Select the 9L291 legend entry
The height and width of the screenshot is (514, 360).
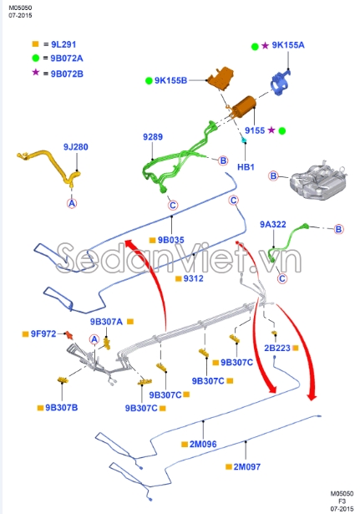(x=63, y=43)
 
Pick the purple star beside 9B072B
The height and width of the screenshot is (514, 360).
(x=35, y=73)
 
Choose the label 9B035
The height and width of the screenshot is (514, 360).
(x=172, y=240)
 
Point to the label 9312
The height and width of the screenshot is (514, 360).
(x=194, y=277)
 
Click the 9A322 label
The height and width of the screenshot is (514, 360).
(x=272, y=224)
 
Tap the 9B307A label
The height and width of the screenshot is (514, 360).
(x=106, y=321)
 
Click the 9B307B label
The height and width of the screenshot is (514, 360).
(x=56, y=408)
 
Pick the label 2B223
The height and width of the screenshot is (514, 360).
(x=277, y=346)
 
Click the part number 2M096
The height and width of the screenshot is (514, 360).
(x=203, y=444)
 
